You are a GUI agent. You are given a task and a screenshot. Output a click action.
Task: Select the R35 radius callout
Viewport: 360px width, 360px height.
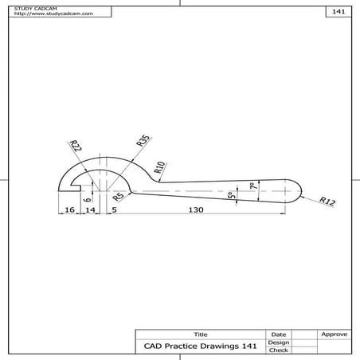[x=143, y=143]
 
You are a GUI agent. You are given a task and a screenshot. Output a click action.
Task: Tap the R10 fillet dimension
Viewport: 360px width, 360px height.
[x=159, y=166]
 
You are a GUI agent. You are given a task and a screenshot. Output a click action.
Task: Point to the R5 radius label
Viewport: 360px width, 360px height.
[x=118, y=196]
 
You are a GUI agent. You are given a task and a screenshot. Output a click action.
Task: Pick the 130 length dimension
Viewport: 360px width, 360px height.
[x=196, y=209]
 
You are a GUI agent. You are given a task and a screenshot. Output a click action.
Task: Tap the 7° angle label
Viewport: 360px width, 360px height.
[x=252, y=186]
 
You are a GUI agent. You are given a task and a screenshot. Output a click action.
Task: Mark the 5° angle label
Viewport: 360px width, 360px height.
[x=231, y=195]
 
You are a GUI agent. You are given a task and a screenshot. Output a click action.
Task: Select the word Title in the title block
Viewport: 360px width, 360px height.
[x=201, y=334]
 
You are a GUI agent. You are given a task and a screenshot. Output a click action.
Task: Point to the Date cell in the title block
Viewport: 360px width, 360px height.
[x=278, y=334]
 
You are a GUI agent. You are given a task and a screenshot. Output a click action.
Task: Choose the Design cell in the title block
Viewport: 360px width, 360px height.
[x=278, y=342]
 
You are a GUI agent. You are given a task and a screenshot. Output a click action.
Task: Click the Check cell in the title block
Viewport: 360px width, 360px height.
[x=278, y=350]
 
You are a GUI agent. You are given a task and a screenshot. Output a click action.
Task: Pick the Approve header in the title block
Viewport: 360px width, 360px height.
[x=334, y=334]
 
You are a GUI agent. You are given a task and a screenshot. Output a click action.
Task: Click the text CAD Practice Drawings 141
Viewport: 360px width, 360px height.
[x=200, y=346]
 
